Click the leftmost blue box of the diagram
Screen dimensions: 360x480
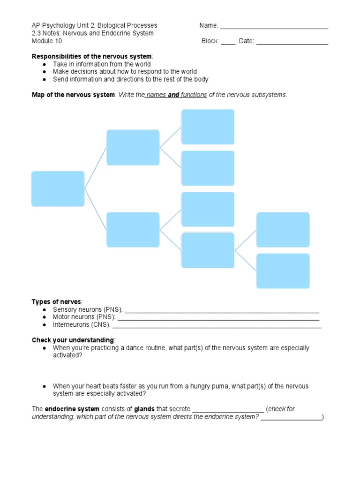pos(58,189)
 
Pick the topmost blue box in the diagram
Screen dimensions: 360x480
pos(208,127)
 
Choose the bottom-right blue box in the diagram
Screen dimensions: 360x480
pos(283,271)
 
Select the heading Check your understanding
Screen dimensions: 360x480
pos(73,340)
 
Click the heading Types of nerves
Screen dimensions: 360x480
pos(56,301)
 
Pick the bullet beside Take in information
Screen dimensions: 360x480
pos(44,64)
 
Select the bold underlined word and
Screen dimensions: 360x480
pos(174,95)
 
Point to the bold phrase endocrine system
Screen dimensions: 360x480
pos(67,409)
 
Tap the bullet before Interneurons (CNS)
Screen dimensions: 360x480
pos(44,325)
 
